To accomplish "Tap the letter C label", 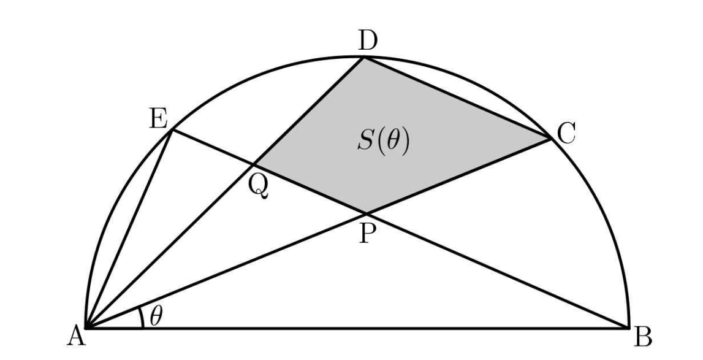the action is (x=566, y=134).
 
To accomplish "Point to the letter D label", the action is (x=368, y=41).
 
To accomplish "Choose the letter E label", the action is (x=159, y=120).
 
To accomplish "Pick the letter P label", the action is (x=367, y=234).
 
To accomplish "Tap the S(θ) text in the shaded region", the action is (x=383, y=142).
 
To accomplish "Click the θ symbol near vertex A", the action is (x=156, y=316).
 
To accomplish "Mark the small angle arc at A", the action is (x=142, y=317).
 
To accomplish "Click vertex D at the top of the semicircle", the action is (x=364, y=57).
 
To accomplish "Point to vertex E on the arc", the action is (x=172, y=130).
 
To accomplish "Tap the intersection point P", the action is (x=367, y=212).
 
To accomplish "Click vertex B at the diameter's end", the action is (x=629, y=328).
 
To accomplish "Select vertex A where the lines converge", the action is (x=86, y=328).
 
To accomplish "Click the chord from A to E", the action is (x=129, y=229).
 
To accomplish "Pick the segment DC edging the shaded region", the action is (x=457, y=98).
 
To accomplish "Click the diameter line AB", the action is (x=357, y=328).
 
